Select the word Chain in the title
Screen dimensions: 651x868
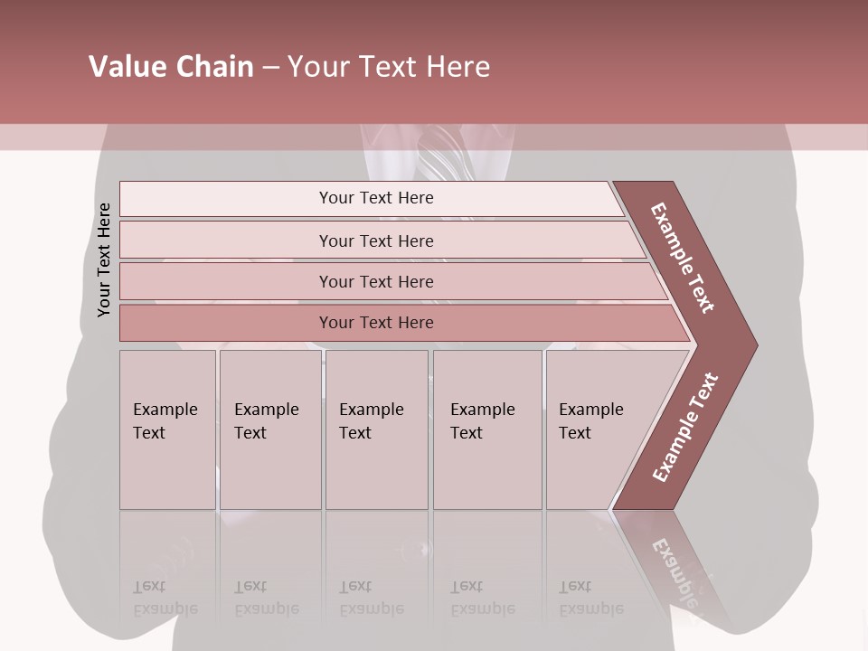pyautogui.click(x=216, y=67)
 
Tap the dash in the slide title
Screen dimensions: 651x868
pyautogui.click(x=270, y=68)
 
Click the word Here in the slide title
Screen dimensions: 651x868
pyautogui.click(x=458, y=67)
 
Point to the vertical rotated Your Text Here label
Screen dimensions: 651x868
pyautogui.click(x=104, y=259)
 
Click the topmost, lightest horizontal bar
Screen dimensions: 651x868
pyautogui.click(x=271, y=199)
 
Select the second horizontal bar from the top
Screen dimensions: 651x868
pyautogui.click(x=271, y=241)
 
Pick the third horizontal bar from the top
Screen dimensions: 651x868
pyautogui.click(x=271, y=281)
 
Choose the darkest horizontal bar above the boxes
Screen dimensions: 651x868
pyautogui.click(x=271, y=323)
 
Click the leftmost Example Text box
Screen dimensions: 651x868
pyautogui.click(x=167, y=429)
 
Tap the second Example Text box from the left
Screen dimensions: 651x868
pyautogui.click(x=270, y=429)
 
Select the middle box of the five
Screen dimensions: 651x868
pyautogui.click(x=376, y=429)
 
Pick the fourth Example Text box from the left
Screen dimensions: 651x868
pyautogui.click(x=487, y=429)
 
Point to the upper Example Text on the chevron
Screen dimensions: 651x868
pyautogui.click(x=683, y=258)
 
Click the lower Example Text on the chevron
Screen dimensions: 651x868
pyautogui.click(x=685, y=428)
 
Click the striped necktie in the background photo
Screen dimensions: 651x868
pyautogui.click(x=443, y=158)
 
